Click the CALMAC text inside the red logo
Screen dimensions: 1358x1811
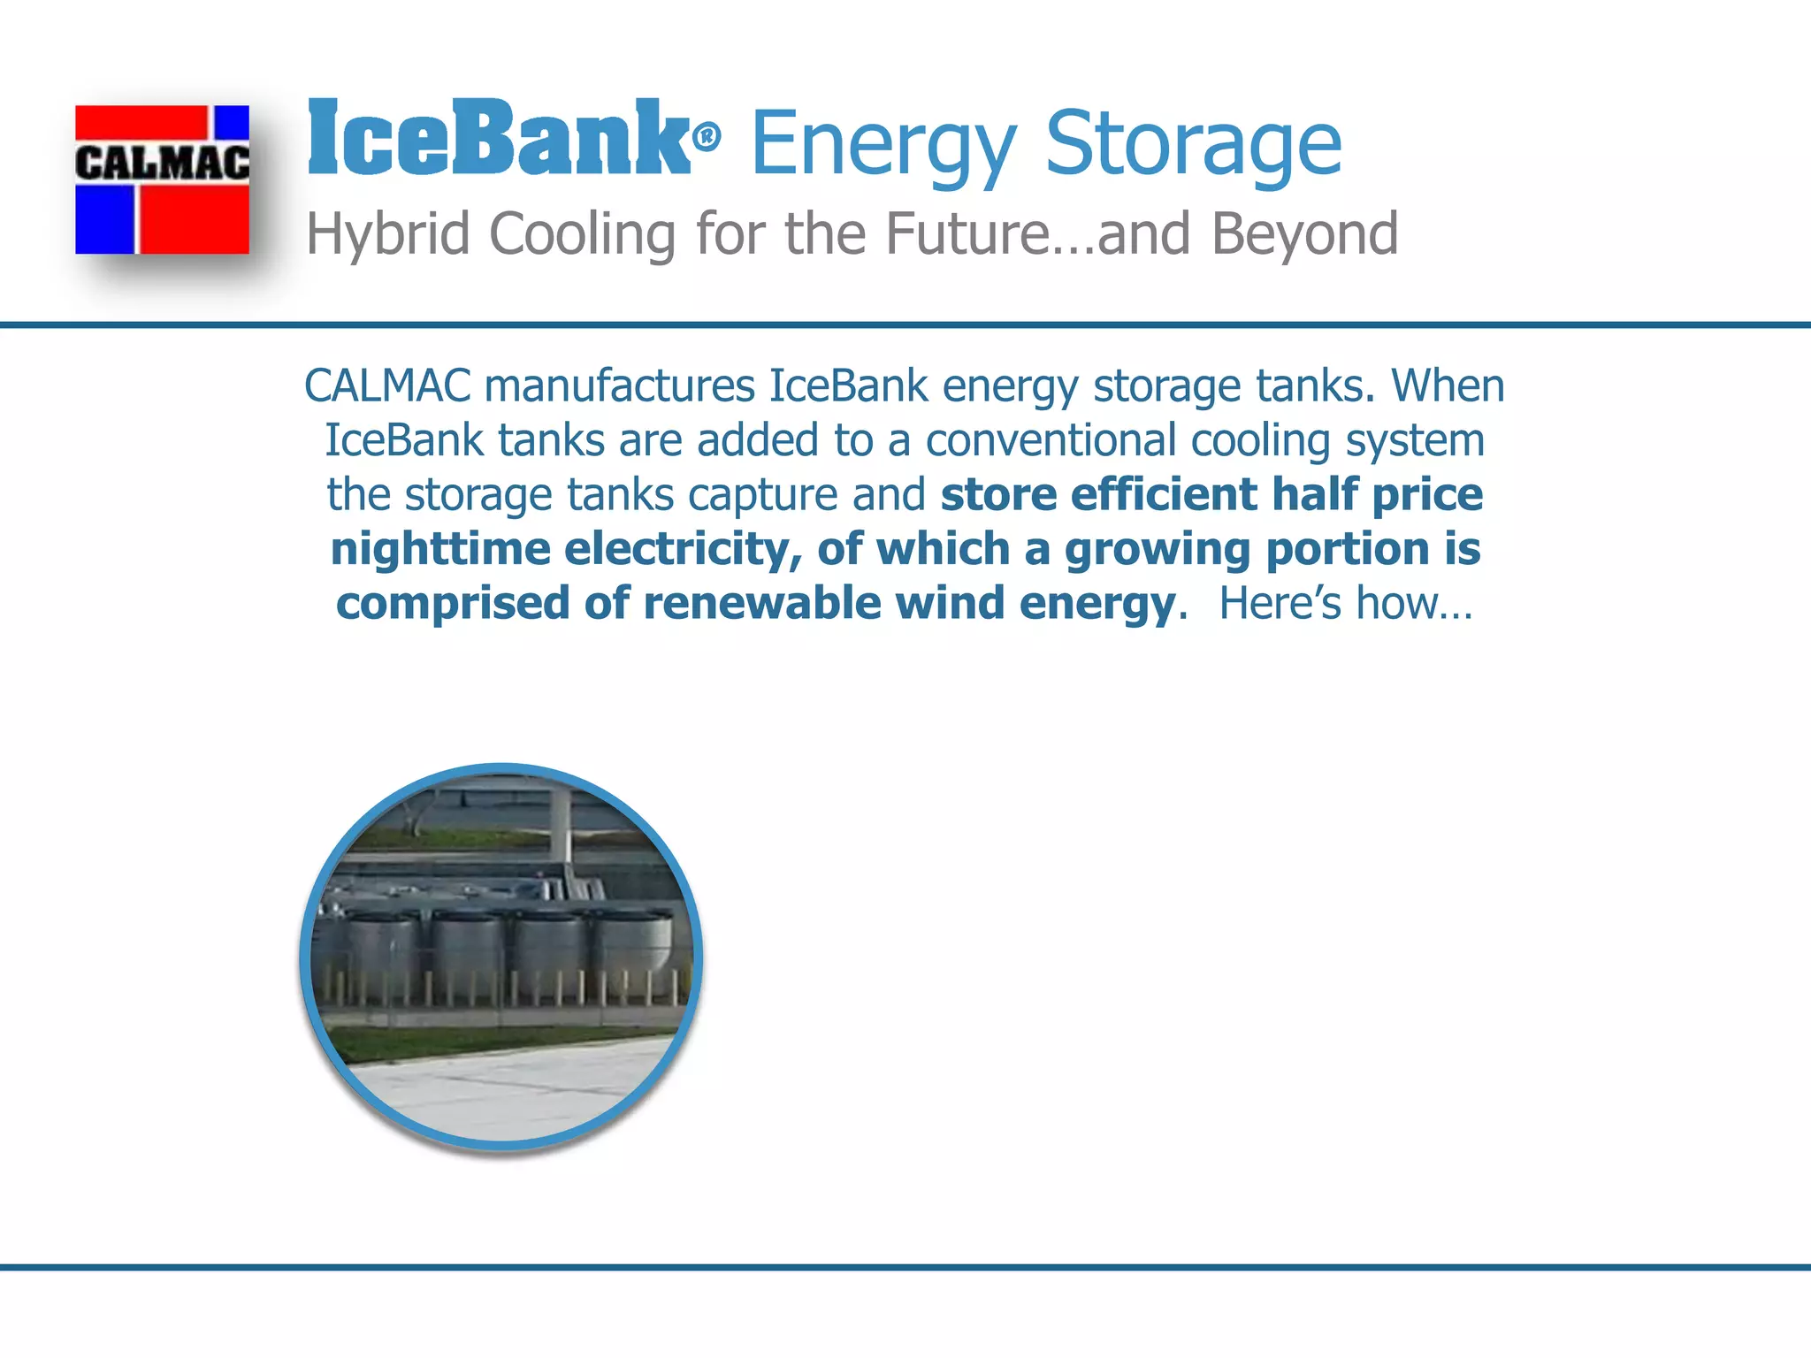pos(162,163)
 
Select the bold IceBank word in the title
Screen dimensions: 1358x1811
pos(499,140)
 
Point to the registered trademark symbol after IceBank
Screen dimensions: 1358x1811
pos(707,137)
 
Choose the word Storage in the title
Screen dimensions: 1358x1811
pos(1193,146)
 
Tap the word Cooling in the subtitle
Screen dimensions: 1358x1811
pos(584,234)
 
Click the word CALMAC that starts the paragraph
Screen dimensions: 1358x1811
pos(387,386)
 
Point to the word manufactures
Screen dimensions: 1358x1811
pos(620,386)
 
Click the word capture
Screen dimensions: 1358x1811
pos(762,494)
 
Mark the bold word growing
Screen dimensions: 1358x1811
pos(1158,549)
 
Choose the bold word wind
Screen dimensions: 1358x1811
pos(950,603)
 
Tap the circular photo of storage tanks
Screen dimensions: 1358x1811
pos(501,957)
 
